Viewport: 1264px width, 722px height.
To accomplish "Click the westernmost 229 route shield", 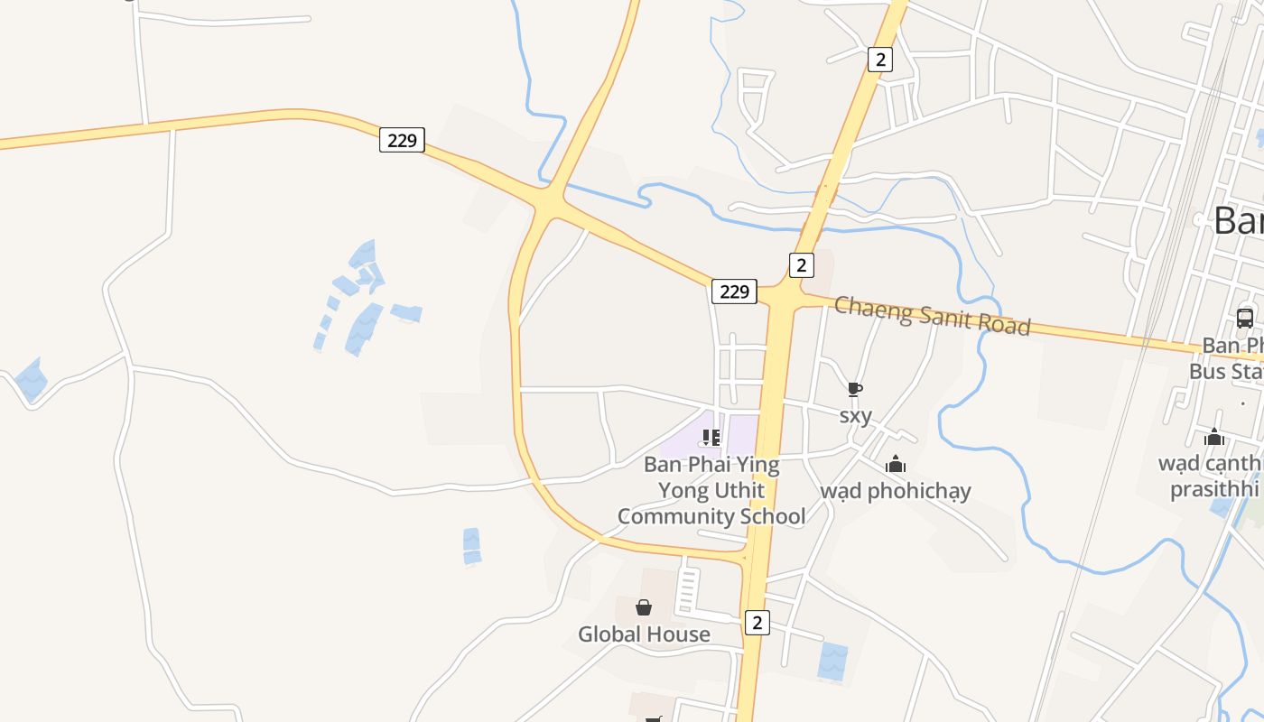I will [402, 140].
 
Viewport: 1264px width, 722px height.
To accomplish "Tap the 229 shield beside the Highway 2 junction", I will [734, 292].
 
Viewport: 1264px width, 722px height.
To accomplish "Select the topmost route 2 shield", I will [879, 60].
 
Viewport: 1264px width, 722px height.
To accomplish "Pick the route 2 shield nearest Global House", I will [757, 622].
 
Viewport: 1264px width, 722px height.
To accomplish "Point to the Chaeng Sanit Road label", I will [932, 315].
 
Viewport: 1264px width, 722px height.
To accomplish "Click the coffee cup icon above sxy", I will [855, 389].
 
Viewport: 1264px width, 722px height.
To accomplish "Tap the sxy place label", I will [855, 415].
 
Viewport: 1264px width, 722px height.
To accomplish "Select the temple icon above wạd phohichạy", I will [896, 464].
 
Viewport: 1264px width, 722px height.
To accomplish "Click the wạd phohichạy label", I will [895, 491].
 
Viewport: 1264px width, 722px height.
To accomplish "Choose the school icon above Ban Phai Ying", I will [711, 438].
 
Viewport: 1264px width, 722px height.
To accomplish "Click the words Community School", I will [711, 516].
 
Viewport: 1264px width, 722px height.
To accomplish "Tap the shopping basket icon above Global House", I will [644, 607].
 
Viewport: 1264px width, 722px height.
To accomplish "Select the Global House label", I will [644, 634].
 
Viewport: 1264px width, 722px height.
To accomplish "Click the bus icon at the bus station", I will [1244, 318].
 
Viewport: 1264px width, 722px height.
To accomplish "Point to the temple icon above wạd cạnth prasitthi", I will [1214, 437].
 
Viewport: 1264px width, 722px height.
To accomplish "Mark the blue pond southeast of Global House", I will [832, 662].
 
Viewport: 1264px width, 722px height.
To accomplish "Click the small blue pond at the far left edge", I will [31, 380].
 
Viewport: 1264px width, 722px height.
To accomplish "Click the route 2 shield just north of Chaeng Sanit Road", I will [801, 265].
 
